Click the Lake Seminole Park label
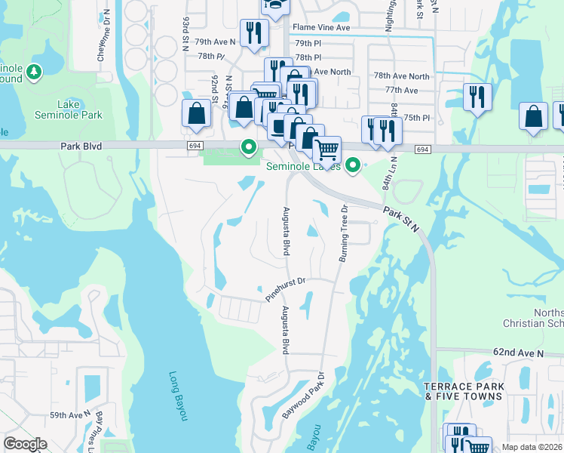pos(68,109)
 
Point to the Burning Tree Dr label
pos(342,234)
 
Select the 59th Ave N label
pos(69,415)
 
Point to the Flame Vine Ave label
pos(323,27)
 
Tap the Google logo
pos(25,444)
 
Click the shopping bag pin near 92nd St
pos(196,114)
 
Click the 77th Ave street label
pos(401,90)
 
